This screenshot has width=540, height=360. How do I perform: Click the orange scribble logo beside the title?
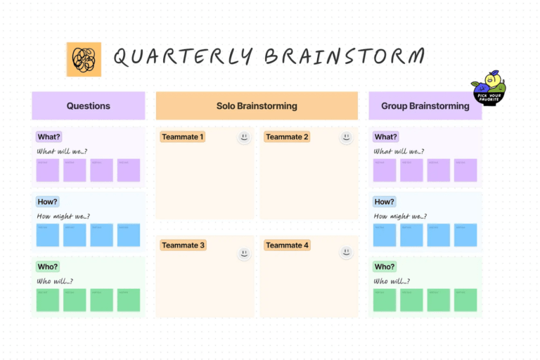pyautogui.click(x=84, y=59)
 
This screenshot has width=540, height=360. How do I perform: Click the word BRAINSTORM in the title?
pyautogui.click(x=345, y=57)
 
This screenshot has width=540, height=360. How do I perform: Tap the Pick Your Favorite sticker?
pyautogui.click(x=490, y=88)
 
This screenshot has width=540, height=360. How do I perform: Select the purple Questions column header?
pyautogui.click(x=88, y=105)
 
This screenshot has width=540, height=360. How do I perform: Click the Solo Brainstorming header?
pyautogui.click(x=257, y=105)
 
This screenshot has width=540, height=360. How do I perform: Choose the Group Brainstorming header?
pyautogui.click(x=425, y=105)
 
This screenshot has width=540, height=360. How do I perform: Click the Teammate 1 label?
pyautogui.click(x=182, y=137)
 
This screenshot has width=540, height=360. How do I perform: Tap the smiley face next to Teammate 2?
pyautogui.click(x=346, y=137)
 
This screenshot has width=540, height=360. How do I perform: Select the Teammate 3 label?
pyautogui.click(x=183, y=245)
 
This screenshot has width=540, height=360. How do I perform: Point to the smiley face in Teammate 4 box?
pyautogui.click(x=346, y=252)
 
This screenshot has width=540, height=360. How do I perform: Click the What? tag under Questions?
pyautogui.click(x=49, y=137)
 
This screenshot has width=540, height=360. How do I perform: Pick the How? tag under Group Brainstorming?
pyautogui.click(x=384, y=202)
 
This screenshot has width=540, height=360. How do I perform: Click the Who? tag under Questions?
pyautogui.click(x=48, y=266)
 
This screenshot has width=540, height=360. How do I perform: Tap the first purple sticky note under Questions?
pyautogui.click(x=48, y=170)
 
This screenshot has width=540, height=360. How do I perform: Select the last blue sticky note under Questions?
pyautogui.click(x=129, y=235)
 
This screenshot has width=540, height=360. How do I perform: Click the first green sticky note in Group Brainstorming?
pyautogui.click(x=385, y=300)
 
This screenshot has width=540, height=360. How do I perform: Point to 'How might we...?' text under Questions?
pyautogui.click(x=63, y=217)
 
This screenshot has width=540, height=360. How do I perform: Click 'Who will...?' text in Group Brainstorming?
pyautogui.click(x=392, y=281)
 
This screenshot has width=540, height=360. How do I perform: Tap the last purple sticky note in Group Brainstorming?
pyautogui.click(x=465, y=170)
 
